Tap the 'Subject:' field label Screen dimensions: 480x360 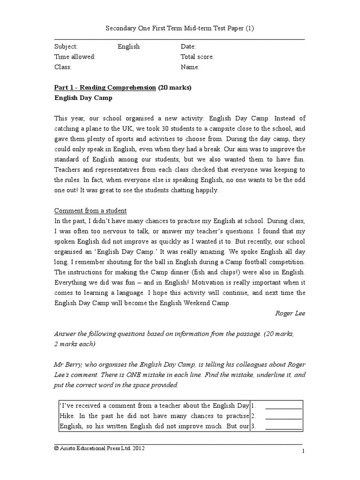tap(66, 47)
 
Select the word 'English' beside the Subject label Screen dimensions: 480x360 tap(128, 47)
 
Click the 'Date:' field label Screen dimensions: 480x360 tap(188, 47)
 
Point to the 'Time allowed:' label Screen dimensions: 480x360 tap(75, 57)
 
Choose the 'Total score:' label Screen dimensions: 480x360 tap(197, 57)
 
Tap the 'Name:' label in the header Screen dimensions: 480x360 tap(190, 67)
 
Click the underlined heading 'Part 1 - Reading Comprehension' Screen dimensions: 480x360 tap(105, 88)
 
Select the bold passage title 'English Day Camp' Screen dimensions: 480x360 tap(83, 98)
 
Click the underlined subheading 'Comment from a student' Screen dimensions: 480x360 tap(90, 210)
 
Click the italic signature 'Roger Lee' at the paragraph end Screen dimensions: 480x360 tap(290, 313)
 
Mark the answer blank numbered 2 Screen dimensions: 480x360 tap(283, 416)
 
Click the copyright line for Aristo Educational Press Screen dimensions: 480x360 tap(99, 449)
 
